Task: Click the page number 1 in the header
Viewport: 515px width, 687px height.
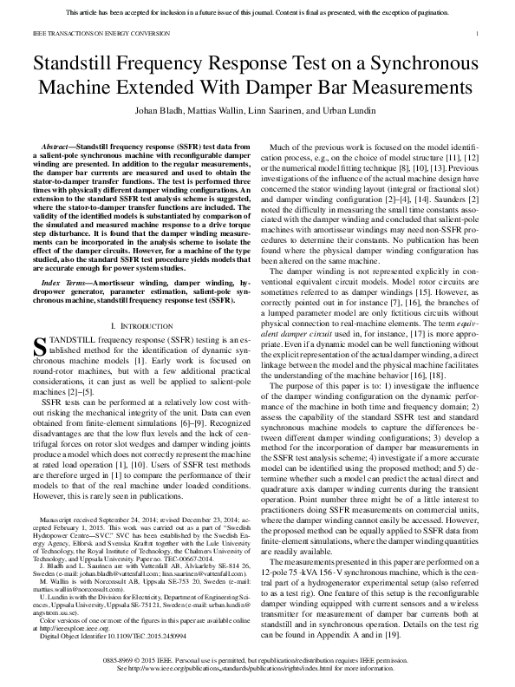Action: click(479, 34)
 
